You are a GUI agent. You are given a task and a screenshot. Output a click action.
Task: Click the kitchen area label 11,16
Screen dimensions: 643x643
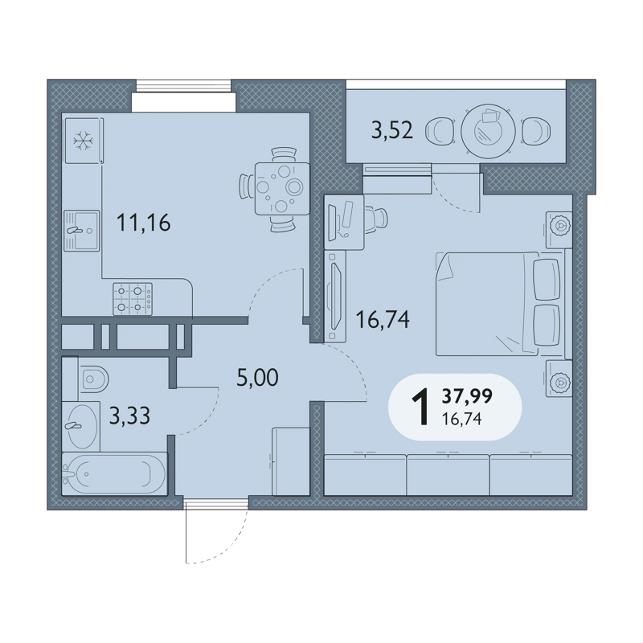144,223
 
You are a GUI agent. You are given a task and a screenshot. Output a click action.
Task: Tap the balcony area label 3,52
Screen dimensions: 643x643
392,130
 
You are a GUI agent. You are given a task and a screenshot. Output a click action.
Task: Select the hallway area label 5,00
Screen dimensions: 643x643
257,377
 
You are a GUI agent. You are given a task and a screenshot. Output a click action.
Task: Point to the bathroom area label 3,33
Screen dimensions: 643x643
129,416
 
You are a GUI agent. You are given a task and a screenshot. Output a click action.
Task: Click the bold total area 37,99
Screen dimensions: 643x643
467,396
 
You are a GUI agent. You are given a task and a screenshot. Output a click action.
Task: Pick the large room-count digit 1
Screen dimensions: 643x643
420,408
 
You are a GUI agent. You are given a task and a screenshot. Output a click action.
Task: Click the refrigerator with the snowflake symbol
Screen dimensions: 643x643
84,141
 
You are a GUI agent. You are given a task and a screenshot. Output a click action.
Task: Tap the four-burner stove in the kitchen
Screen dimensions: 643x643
133,299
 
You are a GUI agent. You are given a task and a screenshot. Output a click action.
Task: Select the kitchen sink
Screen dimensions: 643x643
82,231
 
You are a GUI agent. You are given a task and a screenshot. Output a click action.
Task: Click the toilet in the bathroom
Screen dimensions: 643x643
93,379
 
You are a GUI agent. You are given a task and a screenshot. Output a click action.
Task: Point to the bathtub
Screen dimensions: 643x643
114,474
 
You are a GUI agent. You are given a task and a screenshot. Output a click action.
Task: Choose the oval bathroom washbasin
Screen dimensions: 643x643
83,427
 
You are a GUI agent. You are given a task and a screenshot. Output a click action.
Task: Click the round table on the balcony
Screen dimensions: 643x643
488,131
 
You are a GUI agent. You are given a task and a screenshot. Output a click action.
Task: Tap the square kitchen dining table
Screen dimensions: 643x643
282,189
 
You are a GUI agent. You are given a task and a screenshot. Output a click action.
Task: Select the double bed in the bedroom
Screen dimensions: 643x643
498,304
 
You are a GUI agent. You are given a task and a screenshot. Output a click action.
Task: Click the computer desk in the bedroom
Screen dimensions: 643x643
344,223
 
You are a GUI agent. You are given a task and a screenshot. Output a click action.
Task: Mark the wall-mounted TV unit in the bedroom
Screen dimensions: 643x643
335,297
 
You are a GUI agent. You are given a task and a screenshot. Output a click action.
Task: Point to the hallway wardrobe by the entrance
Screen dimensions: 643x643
291,461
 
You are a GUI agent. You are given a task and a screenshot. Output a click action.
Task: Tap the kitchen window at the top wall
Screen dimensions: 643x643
184,86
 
